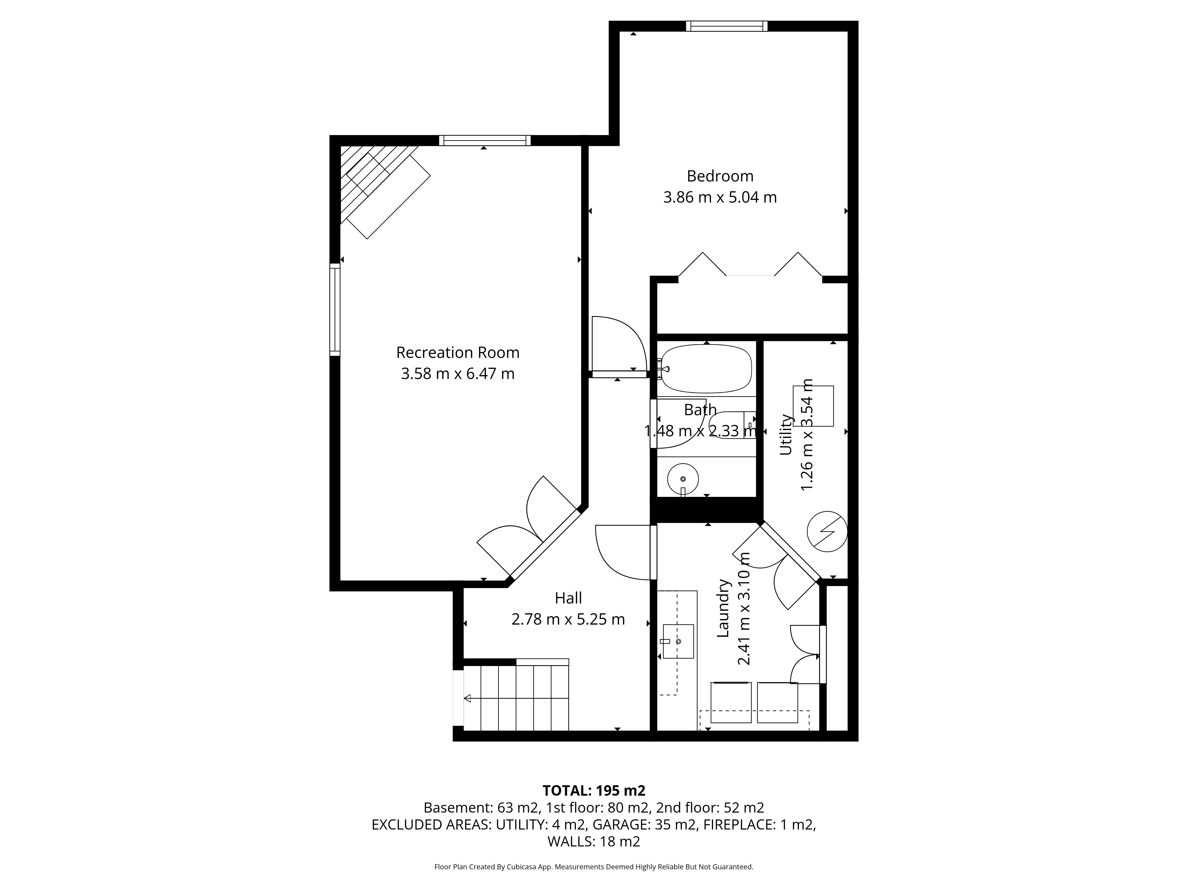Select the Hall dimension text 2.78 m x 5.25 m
pyautogui.click(x=568, y=619)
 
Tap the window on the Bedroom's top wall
pyautogui.click(x=727, y=26)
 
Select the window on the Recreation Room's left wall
pyautogui.click(x=335, y=309)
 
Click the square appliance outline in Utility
pyautogui.click(x=813, y=406)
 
